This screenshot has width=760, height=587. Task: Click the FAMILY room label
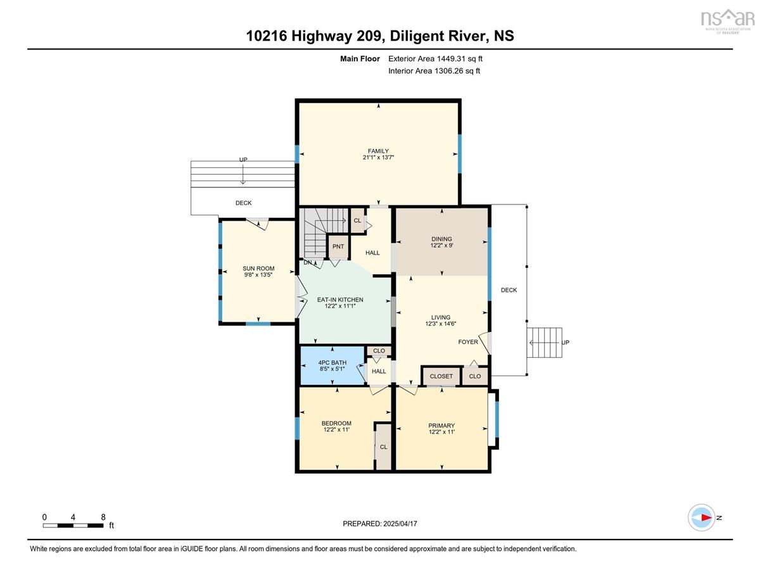pyautogui.click(x=378, y=151)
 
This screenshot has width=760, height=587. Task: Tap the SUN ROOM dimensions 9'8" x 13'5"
pyautogui.click(x=258, y=275)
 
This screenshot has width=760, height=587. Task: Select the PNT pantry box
pyautogui.click(x=338, y=246)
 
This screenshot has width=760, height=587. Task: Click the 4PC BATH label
pyautogui.click(x=332, y=363)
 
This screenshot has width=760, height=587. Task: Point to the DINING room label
pyautogui.click(x=441, y=239)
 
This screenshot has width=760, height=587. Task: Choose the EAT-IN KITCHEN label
pyautogui.click(x=340, y=300)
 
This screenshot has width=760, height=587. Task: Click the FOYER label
pyautogui.click(x=468, y=342)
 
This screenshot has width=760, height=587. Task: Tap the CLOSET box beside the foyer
pyautogui.click(x=441, y=376)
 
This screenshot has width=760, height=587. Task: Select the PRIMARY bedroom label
pyautogui.click(x=441, y=426)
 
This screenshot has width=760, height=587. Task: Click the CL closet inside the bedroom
pyautogui.click(x=383, y=447)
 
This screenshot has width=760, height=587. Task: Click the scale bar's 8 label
pyautogui.click(x=103, y=517)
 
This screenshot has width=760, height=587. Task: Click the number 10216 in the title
pyautogui.click(x=266, y=36)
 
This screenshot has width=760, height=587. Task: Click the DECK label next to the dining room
pyautogui.click(x=509, y=290)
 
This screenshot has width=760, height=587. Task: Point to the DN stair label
pyautogui.click(x=307, y=262)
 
